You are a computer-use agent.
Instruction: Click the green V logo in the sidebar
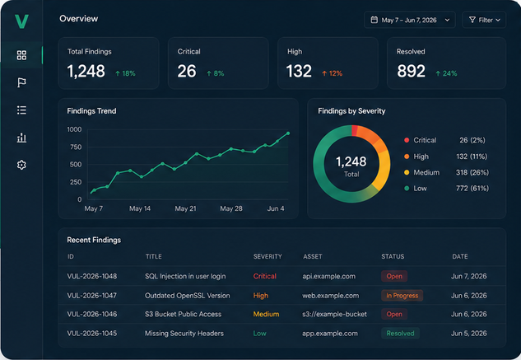(21, 21)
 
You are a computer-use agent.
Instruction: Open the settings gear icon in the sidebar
(21, 165)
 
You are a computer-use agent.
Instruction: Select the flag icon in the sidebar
(21, 82)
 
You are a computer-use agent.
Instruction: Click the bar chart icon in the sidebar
(21, 138)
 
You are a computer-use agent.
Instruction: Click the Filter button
(484, 20)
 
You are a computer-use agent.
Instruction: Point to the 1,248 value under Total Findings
(86, 71)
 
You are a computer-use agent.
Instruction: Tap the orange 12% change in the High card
(332, 73)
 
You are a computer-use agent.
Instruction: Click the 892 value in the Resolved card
(411, 71)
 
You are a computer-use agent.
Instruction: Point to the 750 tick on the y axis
(76, 147)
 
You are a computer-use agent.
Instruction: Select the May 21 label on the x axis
(185, 208)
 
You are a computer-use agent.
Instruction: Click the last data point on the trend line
(288, 133)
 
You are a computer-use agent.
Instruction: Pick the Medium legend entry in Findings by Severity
(421, 172)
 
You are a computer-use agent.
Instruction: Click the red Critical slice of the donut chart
(355, 130)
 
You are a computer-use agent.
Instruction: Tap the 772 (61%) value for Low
(472, 189)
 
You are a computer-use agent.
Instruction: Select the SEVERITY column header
(267, 256)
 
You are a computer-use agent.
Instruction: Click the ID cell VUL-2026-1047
(91, 296)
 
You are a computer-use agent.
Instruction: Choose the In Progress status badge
(402, 296)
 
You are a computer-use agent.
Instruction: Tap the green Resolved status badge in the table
(400, 334)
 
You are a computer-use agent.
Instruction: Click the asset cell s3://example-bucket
(335, 314)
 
